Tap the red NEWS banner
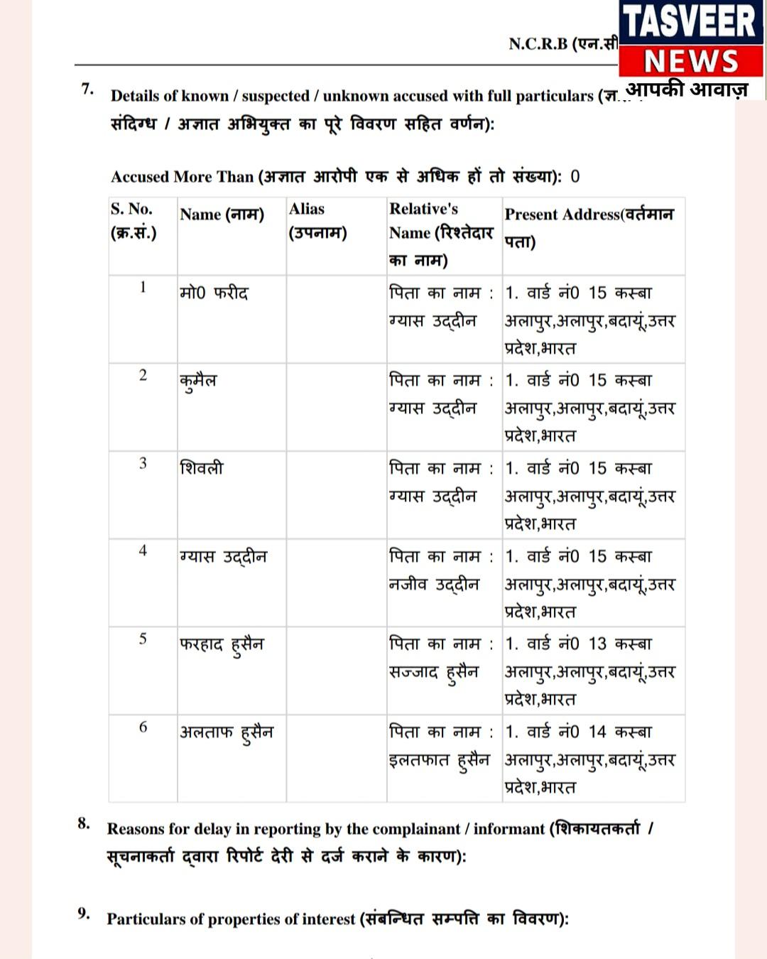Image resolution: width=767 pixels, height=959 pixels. tap(690, 61)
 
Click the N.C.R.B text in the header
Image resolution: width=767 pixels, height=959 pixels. tap(538, 44)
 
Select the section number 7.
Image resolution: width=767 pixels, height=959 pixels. tap(87, 90)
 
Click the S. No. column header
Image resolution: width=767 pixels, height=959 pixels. tap(132, 220)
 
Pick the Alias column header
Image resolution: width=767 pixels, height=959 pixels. tap(317, 220)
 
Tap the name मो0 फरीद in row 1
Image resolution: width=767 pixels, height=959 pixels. tap(214, 293)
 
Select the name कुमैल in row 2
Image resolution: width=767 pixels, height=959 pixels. tap(198, 381)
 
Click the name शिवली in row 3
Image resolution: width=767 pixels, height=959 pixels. tap(202, 468)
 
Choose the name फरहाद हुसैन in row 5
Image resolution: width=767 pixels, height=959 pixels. tap(221, 644)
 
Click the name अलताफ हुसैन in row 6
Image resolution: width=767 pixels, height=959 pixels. tap(226, 732)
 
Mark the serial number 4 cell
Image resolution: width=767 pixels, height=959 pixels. tap(143, 551)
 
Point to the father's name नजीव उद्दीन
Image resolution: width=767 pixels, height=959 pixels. tap(434, 585)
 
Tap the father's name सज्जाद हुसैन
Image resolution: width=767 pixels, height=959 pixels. tap(434, 672)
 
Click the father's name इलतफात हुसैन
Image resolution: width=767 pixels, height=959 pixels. tap(439, 760)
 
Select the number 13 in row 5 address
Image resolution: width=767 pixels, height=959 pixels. tap(597, 644)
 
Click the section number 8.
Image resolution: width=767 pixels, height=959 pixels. tap(84, 824)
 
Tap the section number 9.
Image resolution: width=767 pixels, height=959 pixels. tap(84, 914)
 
